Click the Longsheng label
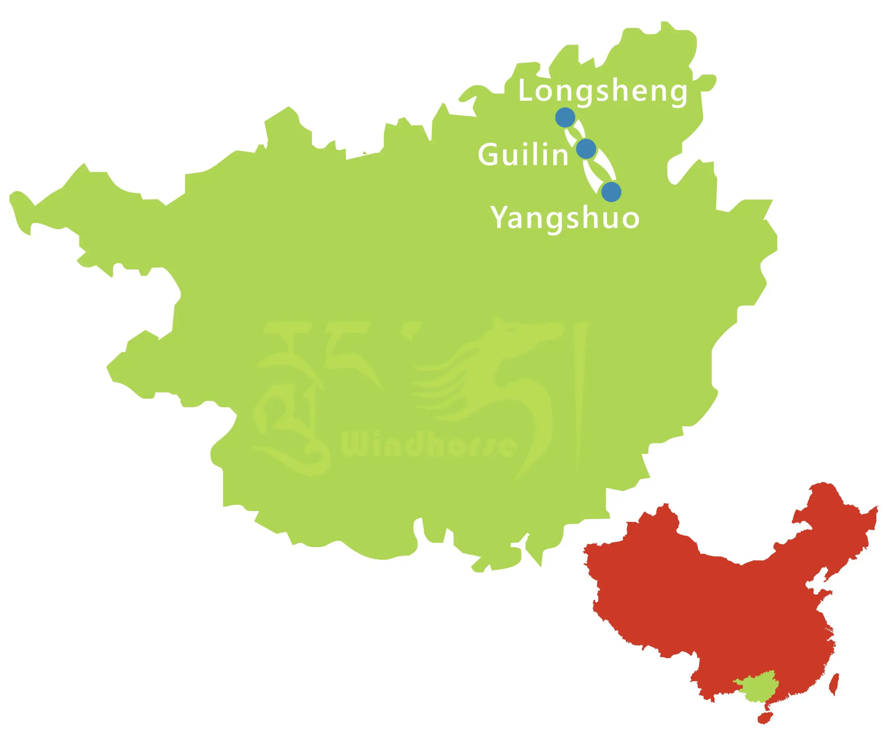[602, 92]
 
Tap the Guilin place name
[523, 155]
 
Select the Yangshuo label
[565, 217]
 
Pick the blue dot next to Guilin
[586, 148]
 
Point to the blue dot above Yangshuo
[611, 192]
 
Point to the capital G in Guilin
[488, 155]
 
